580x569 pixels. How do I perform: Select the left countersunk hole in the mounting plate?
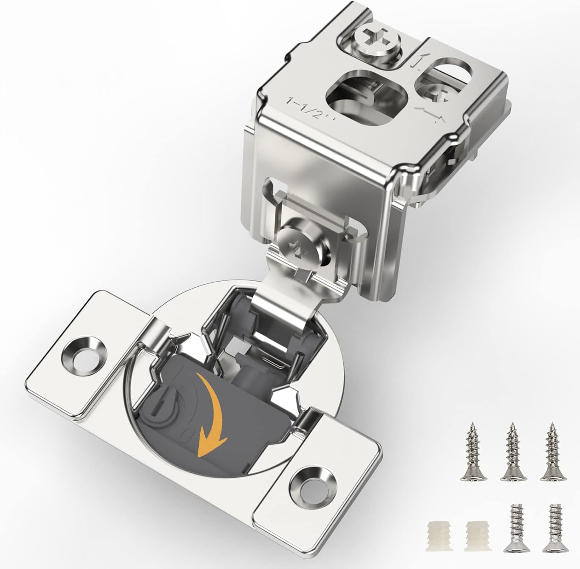(84, 354)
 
